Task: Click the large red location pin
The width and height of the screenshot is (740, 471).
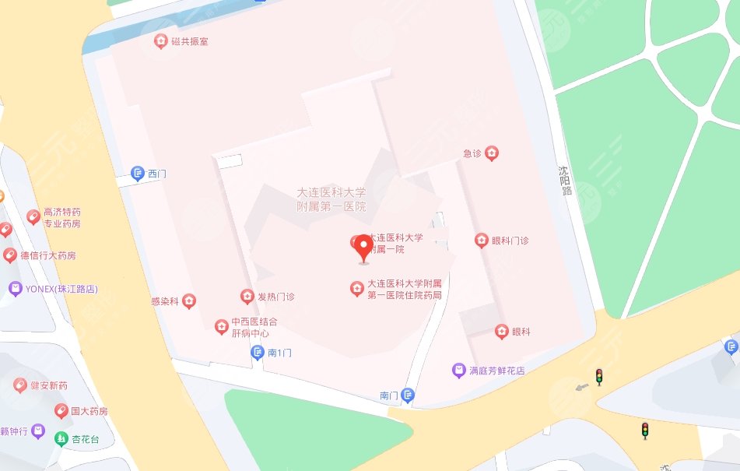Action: (363, 248)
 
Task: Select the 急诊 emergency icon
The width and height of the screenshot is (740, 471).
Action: (491, 153)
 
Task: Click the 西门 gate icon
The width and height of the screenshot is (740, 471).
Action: (138, 173)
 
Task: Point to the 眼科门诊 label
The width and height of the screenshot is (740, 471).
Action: (510, 241)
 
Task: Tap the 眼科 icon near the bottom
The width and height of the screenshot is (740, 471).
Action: (502, 332)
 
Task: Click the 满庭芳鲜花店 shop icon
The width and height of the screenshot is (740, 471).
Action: (459, 371)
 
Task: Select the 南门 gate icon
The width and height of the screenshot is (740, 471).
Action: (408, 396)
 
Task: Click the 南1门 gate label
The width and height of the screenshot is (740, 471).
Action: (279, 353)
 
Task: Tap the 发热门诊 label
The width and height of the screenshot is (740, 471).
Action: (275, 297)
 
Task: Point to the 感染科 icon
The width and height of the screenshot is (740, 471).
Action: (188, 301)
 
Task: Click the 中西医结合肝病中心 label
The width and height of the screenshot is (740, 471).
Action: (254, 327)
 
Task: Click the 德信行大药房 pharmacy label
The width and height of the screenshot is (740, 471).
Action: (48, 255)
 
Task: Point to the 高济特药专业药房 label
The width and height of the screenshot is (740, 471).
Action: (62, 217)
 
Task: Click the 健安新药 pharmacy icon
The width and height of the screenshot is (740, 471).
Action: (20, 385)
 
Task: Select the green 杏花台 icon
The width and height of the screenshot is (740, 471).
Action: (61, 438)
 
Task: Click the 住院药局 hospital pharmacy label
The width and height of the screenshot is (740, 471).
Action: (404, 289)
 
